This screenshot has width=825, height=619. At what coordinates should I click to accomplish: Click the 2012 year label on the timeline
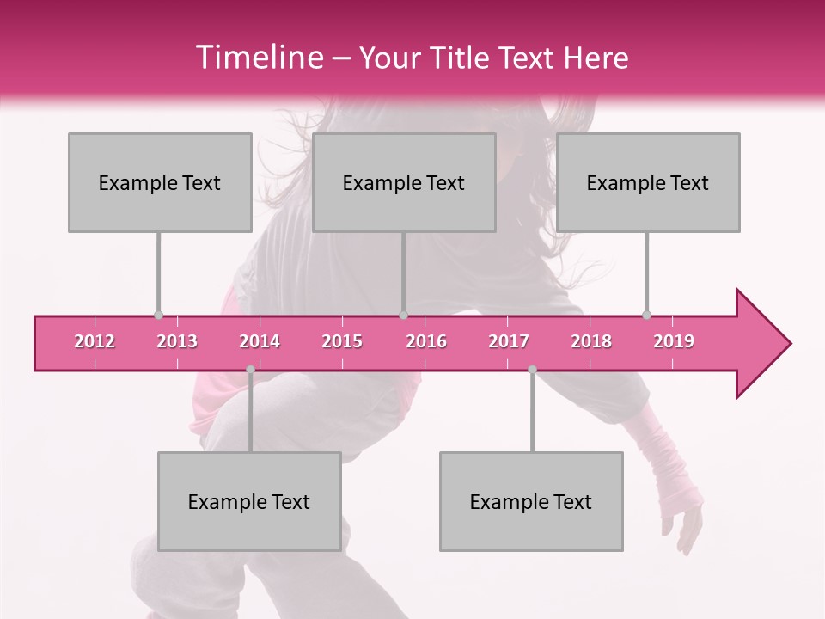(x=95, y=341)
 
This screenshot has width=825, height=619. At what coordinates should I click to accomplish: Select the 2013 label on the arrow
(x=177, y=341)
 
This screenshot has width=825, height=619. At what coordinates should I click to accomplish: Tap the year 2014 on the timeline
(x=260, y=341)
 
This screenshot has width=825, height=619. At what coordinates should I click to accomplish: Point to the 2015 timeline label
(x=342, y=341)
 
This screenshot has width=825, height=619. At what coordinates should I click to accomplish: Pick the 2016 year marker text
(x=426, y=341)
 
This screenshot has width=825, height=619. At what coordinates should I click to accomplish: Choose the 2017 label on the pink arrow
(x=509, y=341)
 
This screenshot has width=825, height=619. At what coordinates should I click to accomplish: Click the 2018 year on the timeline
(x=591, y=341)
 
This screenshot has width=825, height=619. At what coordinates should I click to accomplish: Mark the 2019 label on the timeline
(x=674, y=341)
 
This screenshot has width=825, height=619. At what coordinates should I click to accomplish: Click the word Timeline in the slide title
(x=258, y=58)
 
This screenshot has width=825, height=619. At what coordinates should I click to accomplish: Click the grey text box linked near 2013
(x=160, y=182)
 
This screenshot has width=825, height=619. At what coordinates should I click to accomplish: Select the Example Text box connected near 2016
(x=404, y=182)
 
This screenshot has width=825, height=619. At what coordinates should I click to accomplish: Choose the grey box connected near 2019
(x=648, y=182)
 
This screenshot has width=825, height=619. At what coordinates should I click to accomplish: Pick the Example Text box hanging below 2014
(x=249, y=501)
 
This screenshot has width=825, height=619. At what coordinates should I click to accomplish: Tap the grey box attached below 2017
(x=531, y=501)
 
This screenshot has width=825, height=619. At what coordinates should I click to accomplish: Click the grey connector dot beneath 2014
(x=250, y=370)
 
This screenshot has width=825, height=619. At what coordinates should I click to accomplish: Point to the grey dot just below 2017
(x=532, y=370)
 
